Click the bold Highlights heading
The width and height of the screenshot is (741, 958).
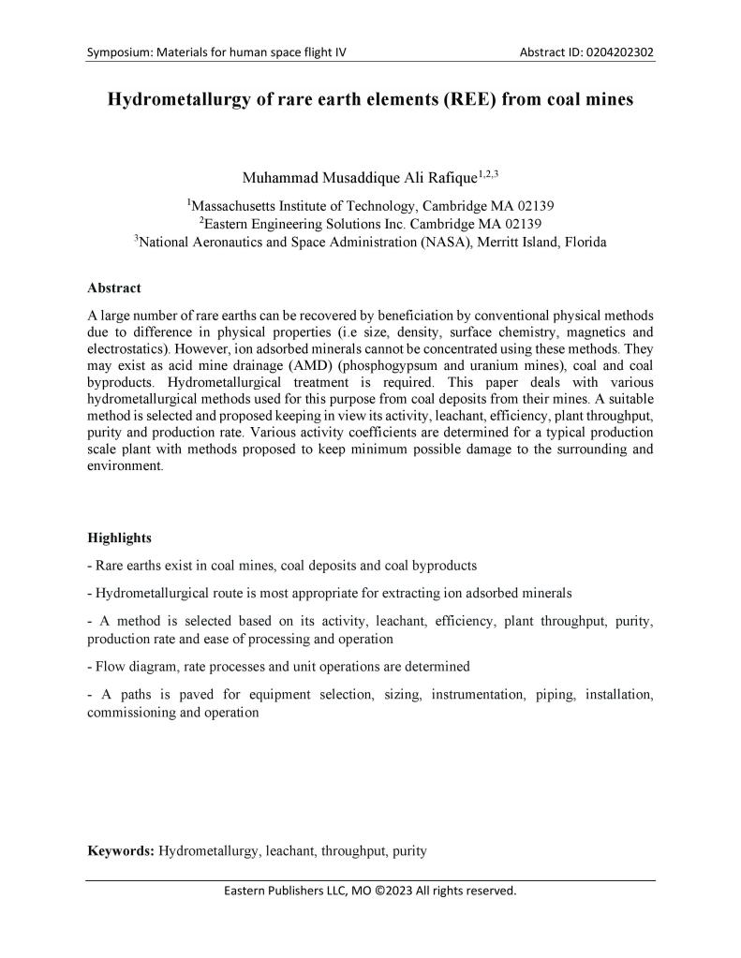tap(119, 538)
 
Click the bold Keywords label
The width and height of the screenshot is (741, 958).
tap(121, 851)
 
